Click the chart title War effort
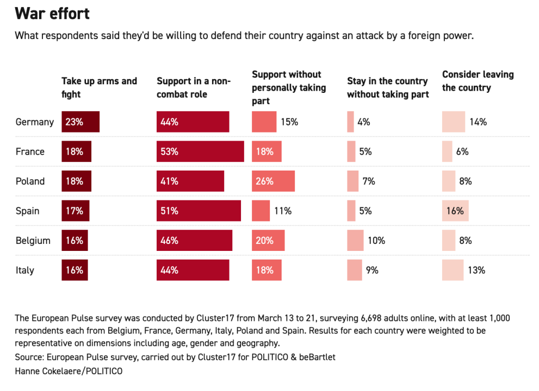(52, 13)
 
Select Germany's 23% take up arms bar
(80, 122)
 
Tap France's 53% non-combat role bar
(200, 152)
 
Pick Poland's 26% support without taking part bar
(273, 181)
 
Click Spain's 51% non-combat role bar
(199, 211)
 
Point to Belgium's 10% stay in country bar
(355, 240)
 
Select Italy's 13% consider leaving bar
(453, 270)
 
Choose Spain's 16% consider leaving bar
(455, 211)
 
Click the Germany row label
(35, 122)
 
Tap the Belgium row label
(33, 240)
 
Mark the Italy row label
(25, 270)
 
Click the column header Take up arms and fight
(99, 87)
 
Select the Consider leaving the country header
(478, 81)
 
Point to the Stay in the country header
(388, 87)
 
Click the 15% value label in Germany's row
(289, 122)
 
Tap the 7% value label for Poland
(369, 181)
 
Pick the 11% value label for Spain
(283, 211)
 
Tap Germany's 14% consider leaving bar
(454, 122)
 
